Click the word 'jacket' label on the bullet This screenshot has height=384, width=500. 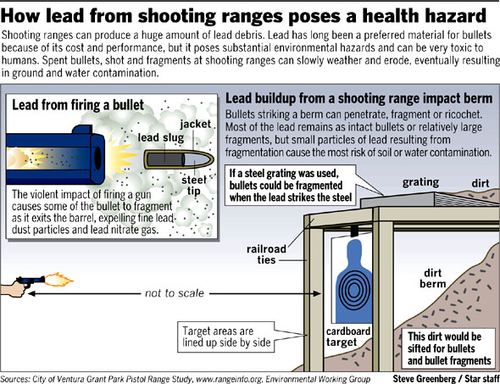coord(196,125)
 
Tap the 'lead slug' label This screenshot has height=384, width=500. coord(161,138)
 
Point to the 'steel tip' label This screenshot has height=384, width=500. coord(193,186)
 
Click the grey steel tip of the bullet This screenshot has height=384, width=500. coord(198,159)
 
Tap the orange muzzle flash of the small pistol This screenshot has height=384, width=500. coord(58,280)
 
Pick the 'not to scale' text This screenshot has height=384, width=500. coord(174,293)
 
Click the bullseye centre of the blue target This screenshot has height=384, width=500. coord(353,290)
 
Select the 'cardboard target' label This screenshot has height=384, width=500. coord(347,337)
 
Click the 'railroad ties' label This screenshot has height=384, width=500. coord(266,254)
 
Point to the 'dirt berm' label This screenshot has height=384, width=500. coord(432,278)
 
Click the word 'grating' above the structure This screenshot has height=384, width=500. coord(420,183)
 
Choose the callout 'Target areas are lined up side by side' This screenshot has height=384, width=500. coord(226,337)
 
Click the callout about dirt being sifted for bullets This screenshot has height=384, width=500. coord(449,348)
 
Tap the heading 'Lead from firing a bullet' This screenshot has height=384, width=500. coord(78,105)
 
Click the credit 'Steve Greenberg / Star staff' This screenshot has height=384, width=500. coord(446,379)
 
